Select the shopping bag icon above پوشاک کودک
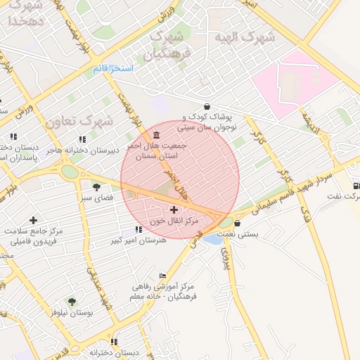coord(205,103)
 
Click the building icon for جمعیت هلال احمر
coord(155,135)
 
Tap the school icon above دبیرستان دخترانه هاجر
coord(82,139)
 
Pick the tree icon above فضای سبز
coord(96,186)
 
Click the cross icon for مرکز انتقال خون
coord(174,210)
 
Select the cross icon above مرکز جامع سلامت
coord(33,220)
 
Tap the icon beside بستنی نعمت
coord(237,224)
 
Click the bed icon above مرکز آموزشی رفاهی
coord(163,275)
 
